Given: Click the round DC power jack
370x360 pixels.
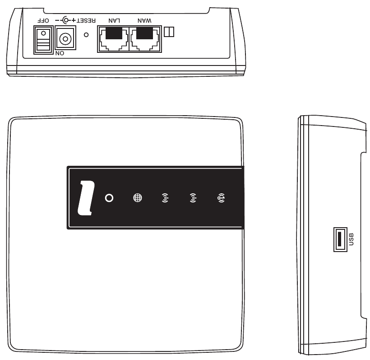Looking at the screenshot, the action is click(x=66, y=39).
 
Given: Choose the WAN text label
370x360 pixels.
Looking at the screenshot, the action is click(x=144, y=21).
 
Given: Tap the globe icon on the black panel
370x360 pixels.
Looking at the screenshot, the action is click(x=137, y=198).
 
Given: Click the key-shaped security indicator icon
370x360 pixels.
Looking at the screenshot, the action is click(x=222, y=198).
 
